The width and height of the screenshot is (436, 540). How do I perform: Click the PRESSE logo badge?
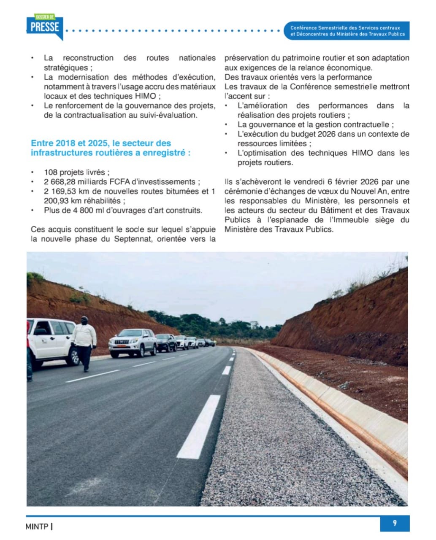(x=44, y=27)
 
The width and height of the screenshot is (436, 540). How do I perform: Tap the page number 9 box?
(x=395, y=523)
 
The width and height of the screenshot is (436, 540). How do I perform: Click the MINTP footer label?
(x=37, y=526)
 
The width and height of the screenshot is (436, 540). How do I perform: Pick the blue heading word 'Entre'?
(x=42, y=143)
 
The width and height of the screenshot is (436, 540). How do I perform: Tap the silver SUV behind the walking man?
(x=133, y=342)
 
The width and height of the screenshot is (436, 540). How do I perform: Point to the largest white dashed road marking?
(x=199, y=427)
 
